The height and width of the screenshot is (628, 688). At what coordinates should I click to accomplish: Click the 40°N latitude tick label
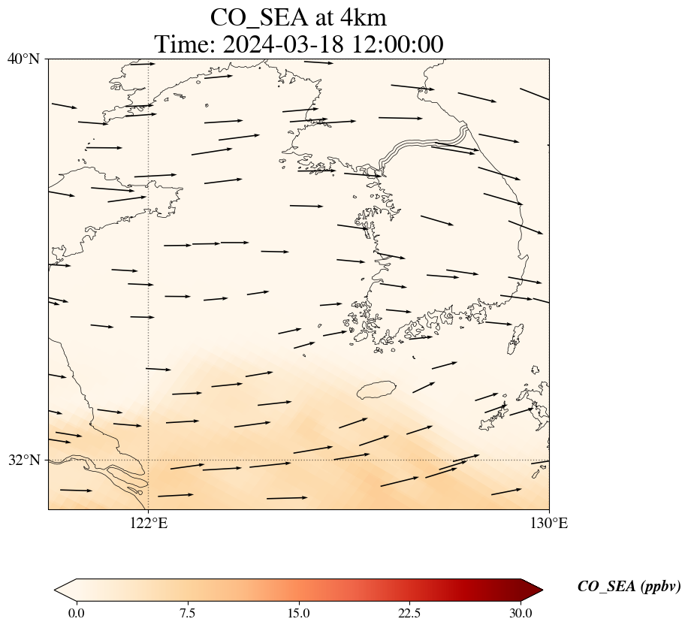click(23, 59)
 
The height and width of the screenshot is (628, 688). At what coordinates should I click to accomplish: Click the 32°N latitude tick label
click(23, 460)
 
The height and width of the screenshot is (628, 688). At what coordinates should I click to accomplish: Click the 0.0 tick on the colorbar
click(76, 613)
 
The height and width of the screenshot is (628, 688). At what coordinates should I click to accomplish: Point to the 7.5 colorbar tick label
click(187, 613)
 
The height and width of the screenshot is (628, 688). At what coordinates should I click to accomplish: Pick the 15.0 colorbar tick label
click(298, 613)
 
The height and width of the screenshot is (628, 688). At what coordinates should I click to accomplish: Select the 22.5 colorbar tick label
click(409, 613)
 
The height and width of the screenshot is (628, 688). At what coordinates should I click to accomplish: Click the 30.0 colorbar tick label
click(521, 613)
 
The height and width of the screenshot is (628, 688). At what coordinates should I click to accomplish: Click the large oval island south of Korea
click(376, 390)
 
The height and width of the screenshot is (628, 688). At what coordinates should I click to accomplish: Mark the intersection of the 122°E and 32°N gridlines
click(149, 460)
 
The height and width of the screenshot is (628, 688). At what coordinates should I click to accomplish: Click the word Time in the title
click(185, 44)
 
